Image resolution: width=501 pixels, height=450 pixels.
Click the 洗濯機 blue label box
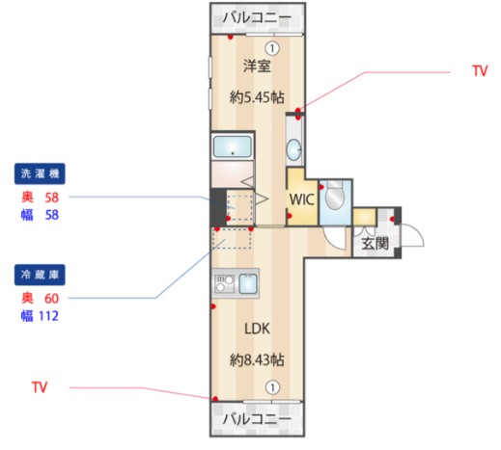(40, 173)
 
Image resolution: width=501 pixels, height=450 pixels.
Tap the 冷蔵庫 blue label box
(40, 275)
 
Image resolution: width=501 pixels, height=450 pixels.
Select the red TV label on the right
(480, 70)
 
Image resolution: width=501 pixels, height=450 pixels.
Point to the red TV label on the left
(40, 387)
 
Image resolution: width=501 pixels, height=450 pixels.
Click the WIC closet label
(301, 199)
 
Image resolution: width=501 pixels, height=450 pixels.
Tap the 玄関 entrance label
(375, 244)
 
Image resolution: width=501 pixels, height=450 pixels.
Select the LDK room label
(257, 329)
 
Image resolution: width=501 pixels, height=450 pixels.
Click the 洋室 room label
(257, 66)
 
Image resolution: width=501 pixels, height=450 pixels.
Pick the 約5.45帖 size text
(257, 97)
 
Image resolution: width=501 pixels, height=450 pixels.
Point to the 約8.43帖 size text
(257, 360)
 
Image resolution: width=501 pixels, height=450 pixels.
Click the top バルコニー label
(257, 17)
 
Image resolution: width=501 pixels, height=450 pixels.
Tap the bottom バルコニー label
(257, 419)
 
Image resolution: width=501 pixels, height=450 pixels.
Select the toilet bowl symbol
(334, 196)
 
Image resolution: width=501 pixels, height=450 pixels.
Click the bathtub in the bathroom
(233, 147)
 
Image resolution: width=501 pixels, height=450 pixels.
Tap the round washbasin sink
(293, 149)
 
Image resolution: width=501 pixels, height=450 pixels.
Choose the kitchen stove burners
(224, 283)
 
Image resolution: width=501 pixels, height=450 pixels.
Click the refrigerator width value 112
(48, 316)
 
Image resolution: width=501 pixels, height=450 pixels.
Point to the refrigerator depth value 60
(51, 299)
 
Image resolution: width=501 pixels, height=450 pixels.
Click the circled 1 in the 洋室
(272, 48)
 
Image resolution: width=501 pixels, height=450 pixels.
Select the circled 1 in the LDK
(272, 387)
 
